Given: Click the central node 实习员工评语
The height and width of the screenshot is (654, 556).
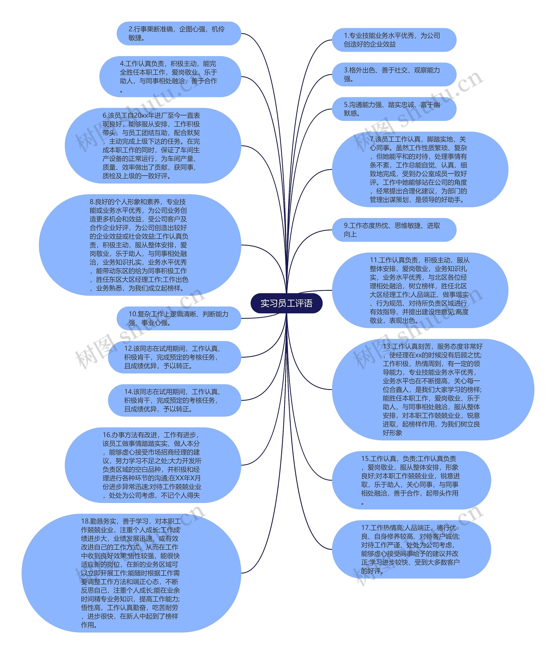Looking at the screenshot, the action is click(x=286, y=303).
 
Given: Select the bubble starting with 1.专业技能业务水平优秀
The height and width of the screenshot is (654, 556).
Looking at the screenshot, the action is click(x=394, y=40).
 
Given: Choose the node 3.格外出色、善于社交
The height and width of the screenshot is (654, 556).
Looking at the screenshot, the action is click(x=394, y=74).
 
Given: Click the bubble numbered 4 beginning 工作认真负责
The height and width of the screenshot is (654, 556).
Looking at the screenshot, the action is click(x=170, y=77).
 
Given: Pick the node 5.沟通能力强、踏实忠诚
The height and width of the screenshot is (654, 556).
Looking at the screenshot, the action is click(x=394, y=109).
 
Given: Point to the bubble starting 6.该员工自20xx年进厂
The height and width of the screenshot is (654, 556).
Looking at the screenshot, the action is click(x=153, y=145).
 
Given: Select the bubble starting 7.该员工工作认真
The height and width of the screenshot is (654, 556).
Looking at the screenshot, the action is click(x=420, y=169).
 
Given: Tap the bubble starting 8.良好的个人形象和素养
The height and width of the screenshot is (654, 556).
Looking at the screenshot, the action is click(x=140, y=245).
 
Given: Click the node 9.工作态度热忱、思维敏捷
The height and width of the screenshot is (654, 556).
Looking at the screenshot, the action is click(x=394, y=230).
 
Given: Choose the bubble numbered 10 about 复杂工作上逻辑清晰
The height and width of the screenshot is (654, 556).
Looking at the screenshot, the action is click(x=179, y=318).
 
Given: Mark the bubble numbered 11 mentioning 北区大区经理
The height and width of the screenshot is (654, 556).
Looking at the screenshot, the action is click(x=420, y=290).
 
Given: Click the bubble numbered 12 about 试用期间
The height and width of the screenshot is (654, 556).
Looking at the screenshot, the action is click(x=174, y=357).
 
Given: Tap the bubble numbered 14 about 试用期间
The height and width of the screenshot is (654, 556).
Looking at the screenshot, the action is click(x=174, y=400).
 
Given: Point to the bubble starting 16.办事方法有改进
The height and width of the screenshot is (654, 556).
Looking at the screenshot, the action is click(x=153, y=465).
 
